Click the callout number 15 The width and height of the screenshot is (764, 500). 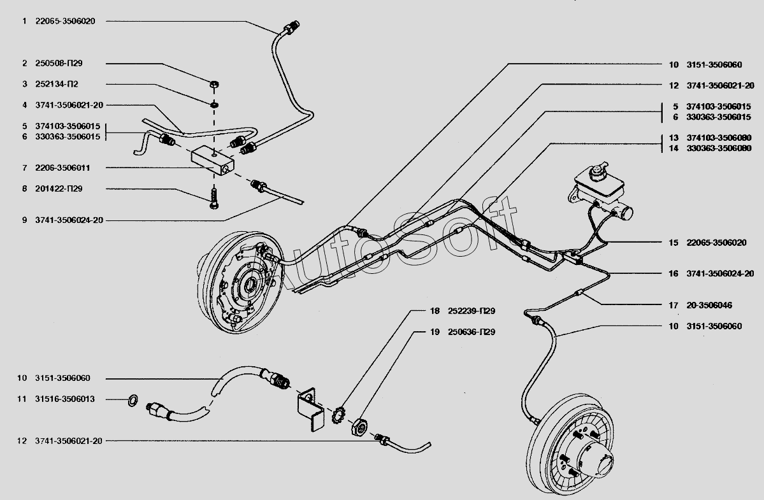[674, 243]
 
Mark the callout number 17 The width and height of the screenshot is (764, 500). [674, 306]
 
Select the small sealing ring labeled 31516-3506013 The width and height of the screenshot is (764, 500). [133, 400]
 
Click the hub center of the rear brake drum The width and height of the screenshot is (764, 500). [593, 461]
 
